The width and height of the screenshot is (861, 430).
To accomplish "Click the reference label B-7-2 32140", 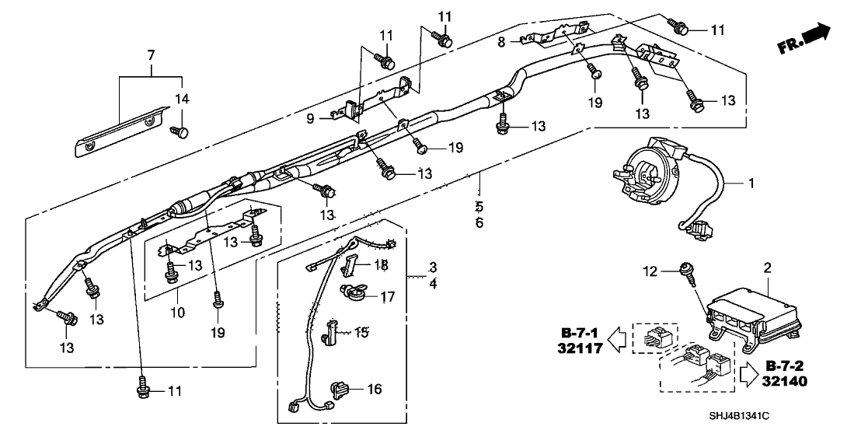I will pyautogui.click(x=786, y=373).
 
